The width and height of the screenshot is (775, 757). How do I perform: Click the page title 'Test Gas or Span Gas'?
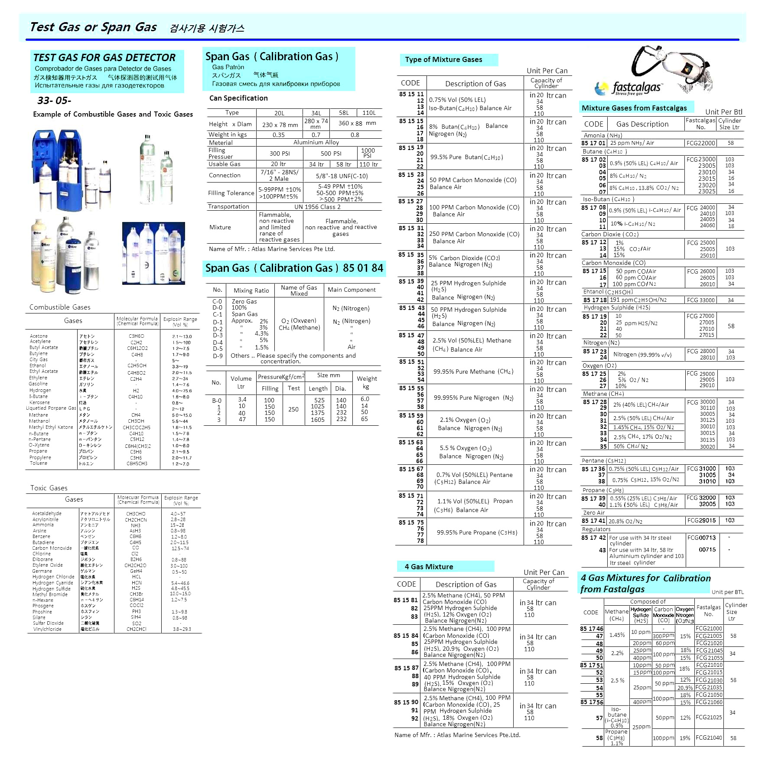93,27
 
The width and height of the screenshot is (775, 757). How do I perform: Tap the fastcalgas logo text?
636,88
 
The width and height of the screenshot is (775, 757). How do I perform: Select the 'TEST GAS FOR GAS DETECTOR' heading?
104,58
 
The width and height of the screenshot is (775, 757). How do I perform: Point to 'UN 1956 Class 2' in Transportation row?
317,207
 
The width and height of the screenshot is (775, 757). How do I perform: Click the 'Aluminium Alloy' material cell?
316,142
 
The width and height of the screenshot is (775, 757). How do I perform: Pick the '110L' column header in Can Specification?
369,113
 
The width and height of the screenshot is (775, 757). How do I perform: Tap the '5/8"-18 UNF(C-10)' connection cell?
342,176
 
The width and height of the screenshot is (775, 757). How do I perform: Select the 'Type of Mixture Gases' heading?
443,59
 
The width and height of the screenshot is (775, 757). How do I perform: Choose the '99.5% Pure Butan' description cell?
466,157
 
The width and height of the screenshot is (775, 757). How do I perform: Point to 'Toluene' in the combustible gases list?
39,463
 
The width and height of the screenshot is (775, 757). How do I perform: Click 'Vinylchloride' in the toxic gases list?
47,629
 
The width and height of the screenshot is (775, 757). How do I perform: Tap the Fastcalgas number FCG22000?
701,143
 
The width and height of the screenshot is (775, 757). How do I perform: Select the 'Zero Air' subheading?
593,512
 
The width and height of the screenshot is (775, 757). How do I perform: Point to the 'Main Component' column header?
352,290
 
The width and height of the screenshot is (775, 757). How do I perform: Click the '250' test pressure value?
293,409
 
